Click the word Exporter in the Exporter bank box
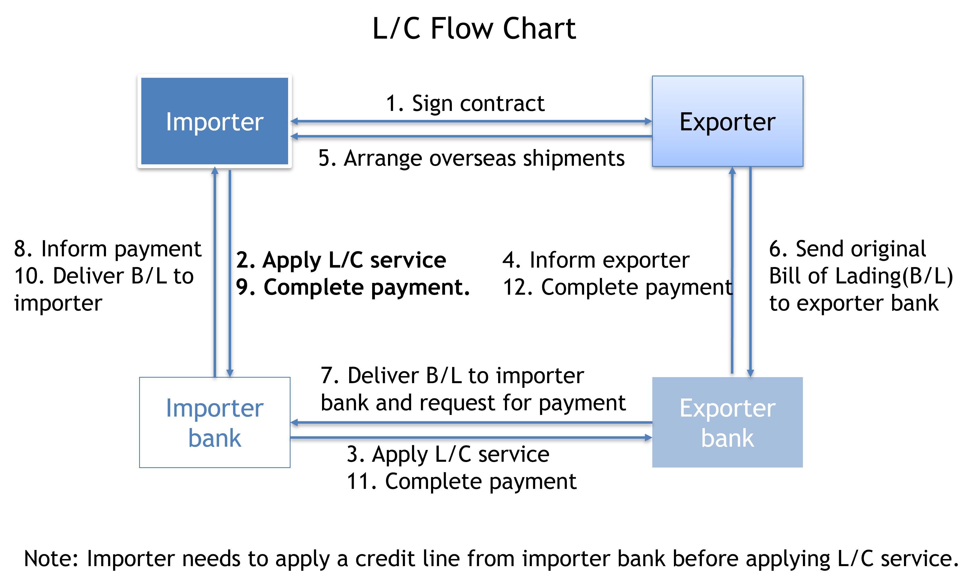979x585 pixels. click(727, 408)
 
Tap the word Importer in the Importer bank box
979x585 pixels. click(214, 408)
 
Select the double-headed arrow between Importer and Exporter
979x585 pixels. click(471, 121)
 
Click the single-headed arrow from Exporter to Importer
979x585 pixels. click(471, 136)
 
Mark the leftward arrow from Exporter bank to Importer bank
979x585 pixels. click(471, 422)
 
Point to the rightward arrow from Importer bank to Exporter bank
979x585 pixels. click(471, 437)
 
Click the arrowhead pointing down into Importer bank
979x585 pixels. click(230, 373)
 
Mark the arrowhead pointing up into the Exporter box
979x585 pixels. click(732, 171)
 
